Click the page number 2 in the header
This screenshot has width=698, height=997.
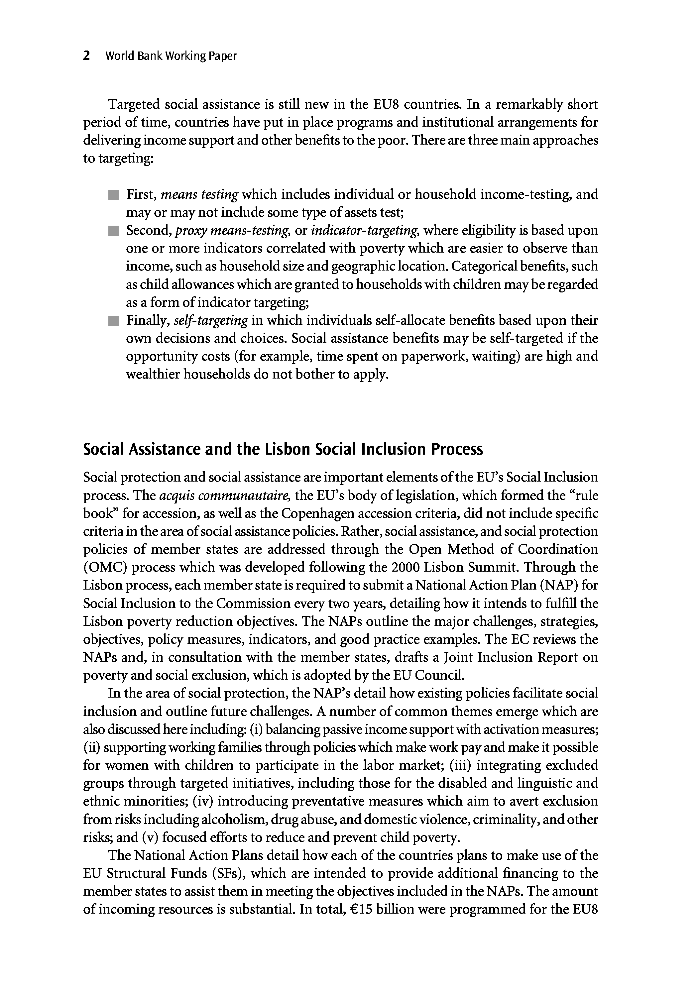86,56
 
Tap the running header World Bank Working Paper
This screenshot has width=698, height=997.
171,56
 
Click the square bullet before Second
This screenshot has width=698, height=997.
114,231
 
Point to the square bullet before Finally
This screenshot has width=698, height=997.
114,321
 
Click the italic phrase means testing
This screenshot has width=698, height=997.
199,194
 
